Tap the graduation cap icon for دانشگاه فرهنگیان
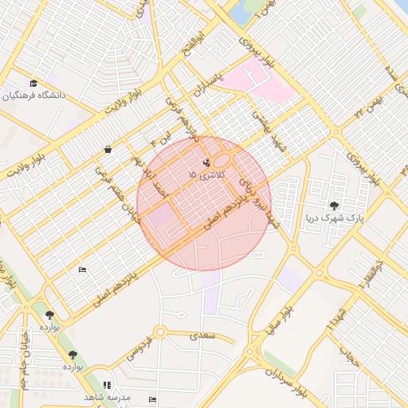click(x=33, y=84)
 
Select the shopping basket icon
click(x=108, y=149)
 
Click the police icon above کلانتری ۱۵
click(x=207, y=163)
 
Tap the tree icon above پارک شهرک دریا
click(x=334, y=206)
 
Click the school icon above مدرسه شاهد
click(x=108, y=385)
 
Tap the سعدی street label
click(x=203, y=337)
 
